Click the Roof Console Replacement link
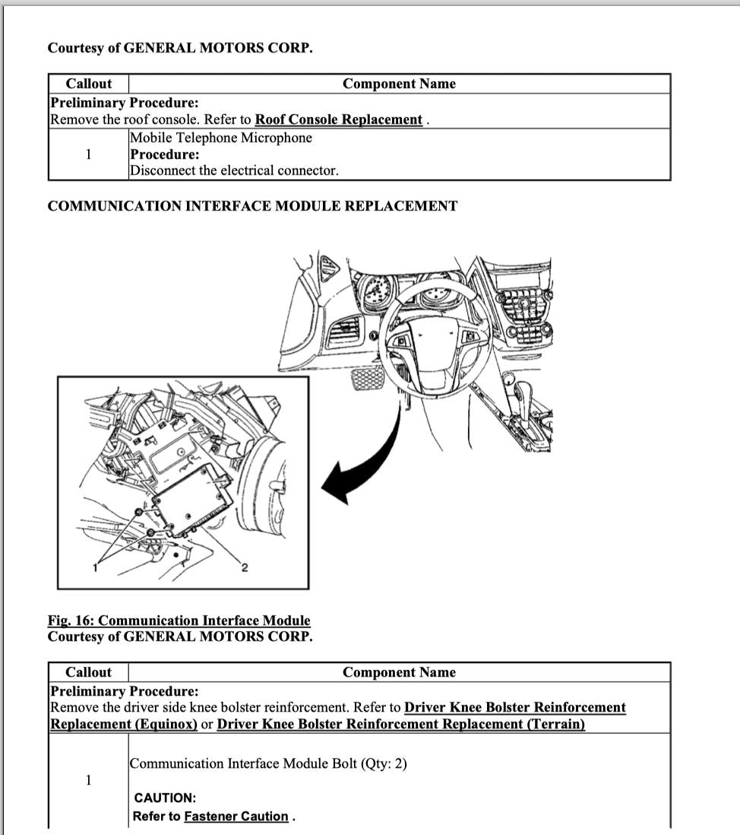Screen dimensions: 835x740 point(338,119)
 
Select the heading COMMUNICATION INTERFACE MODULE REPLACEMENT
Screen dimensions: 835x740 point(252,206)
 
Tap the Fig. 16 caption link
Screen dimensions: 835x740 point(179,621)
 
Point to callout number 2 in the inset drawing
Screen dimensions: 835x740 point(245,567)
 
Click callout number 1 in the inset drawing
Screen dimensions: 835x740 point(96,566)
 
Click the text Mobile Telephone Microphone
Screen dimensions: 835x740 point(220,138)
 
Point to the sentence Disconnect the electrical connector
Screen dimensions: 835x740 point(234,170)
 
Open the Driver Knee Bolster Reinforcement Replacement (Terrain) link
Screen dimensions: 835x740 point(400,724)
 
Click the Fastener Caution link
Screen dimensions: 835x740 point(236,817)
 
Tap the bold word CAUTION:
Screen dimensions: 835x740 point(165,798)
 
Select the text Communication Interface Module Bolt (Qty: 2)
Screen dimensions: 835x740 point(268,764)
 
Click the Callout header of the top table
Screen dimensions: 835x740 point(88,84)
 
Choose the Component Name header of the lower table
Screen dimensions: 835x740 point(399,672)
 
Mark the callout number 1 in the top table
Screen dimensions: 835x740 point(88,154)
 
